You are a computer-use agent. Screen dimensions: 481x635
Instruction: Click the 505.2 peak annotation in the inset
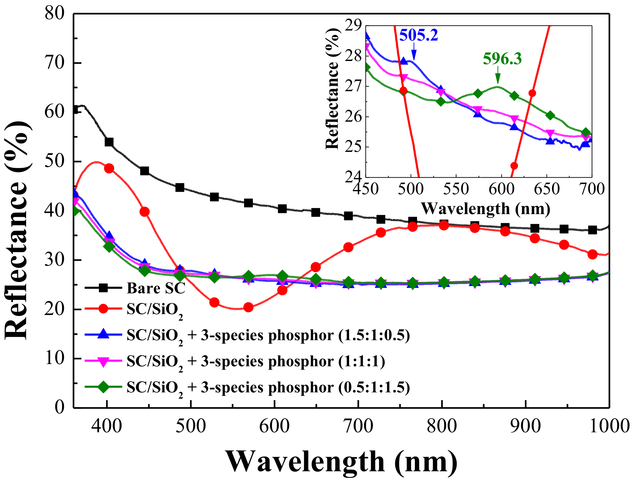coord(418,35)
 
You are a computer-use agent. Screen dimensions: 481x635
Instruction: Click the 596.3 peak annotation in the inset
coord(502,59)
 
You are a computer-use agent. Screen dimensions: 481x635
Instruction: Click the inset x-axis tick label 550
coord(456,189)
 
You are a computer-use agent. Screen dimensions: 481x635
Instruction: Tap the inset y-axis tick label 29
coord(353,25)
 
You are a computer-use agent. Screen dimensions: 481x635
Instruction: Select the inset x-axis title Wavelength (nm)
coord(485,208)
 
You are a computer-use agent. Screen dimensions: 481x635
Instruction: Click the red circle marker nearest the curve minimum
coord(248,307)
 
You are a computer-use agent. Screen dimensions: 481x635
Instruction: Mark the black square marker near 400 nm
coord(109,142)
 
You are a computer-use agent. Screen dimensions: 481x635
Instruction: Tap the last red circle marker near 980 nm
coord(593,254)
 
